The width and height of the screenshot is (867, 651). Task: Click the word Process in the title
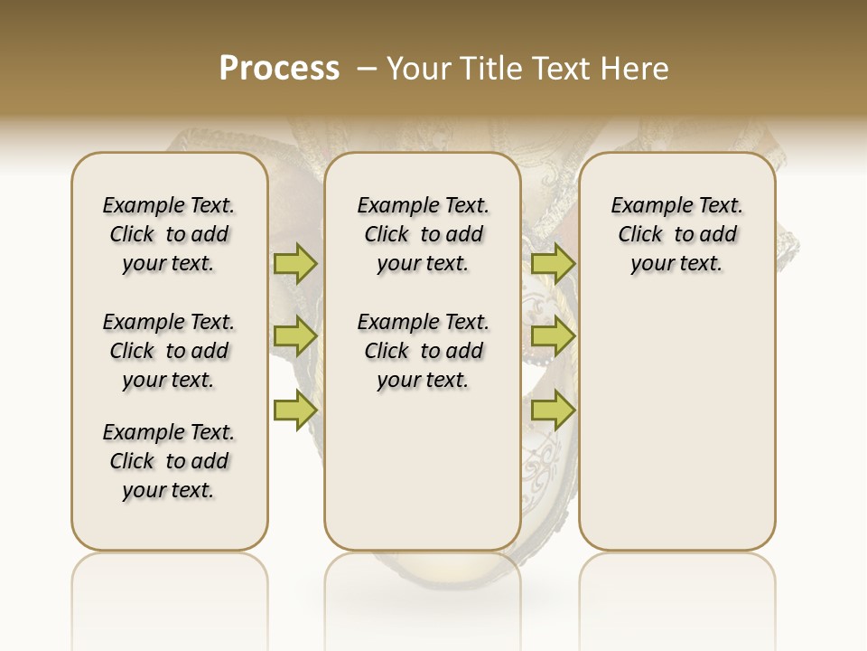pos(279,68)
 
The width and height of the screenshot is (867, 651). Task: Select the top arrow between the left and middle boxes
pos(294,263)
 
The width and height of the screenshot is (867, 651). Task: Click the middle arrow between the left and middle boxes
pos(294,336)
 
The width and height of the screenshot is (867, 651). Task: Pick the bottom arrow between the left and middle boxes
pos(294,410)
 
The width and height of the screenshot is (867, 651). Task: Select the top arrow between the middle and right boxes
pos(553,263)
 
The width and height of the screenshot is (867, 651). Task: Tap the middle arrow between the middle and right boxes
pos(553,336)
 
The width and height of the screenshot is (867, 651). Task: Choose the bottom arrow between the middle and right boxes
pos(553,410)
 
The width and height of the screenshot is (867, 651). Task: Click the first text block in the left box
pos(169,234)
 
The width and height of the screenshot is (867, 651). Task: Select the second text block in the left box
pos(169,351)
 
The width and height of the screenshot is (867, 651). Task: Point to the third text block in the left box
pos(169,461)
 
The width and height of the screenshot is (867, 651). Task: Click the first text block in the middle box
pos(423,234)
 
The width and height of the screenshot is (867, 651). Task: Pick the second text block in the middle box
pos(423,351)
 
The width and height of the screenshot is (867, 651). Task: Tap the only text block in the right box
pos(676,234)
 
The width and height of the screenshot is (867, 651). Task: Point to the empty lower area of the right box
pos(676,425)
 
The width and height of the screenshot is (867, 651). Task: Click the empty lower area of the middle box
pos(423,470)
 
